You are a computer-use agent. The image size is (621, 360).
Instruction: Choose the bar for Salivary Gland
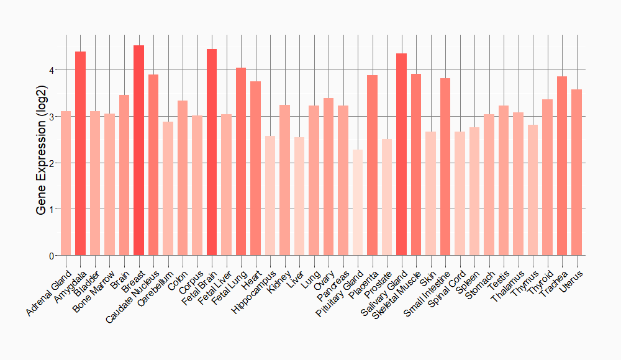401,155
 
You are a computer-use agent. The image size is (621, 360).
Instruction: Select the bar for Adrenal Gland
66,183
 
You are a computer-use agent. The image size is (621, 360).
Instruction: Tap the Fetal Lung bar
241,161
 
